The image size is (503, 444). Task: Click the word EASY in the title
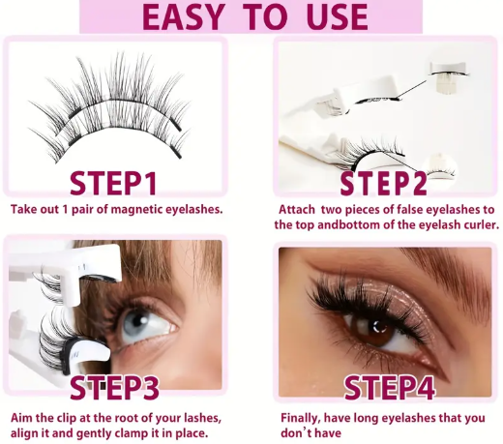(183, 16)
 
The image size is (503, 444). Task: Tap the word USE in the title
(337, 16)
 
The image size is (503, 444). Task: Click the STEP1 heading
(113, 184)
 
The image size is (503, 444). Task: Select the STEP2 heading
(384, 184)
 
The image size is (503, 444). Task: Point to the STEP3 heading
(115, 388)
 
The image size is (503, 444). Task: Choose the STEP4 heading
(390, 388)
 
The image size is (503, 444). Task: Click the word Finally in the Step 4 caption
(301, 419)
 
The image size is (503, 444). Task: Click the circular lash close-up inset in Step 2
(439, 168)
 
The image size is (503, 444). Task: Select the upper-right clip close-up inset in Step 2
(449, 76)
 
